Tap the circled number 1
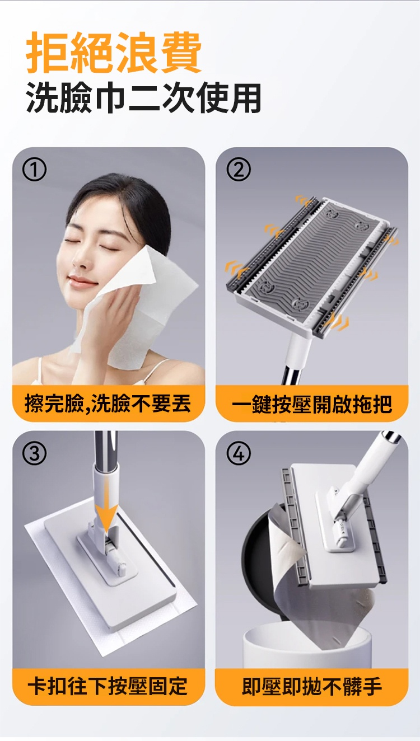[x=34, y=170]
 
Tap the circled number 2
[x=238, y=170]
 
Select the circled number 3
[x=34, y=454]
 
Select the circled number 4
[x=238, y=454]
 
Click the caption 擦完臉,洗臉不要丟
[x=108, y=403]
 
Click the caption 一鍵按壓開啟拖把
[x=312, y=404]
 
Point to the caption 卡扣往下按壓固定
[x=108, y=686]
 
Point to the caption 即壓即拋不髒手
[x=312, y=686]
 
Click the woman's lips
[x=82, y=280]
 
